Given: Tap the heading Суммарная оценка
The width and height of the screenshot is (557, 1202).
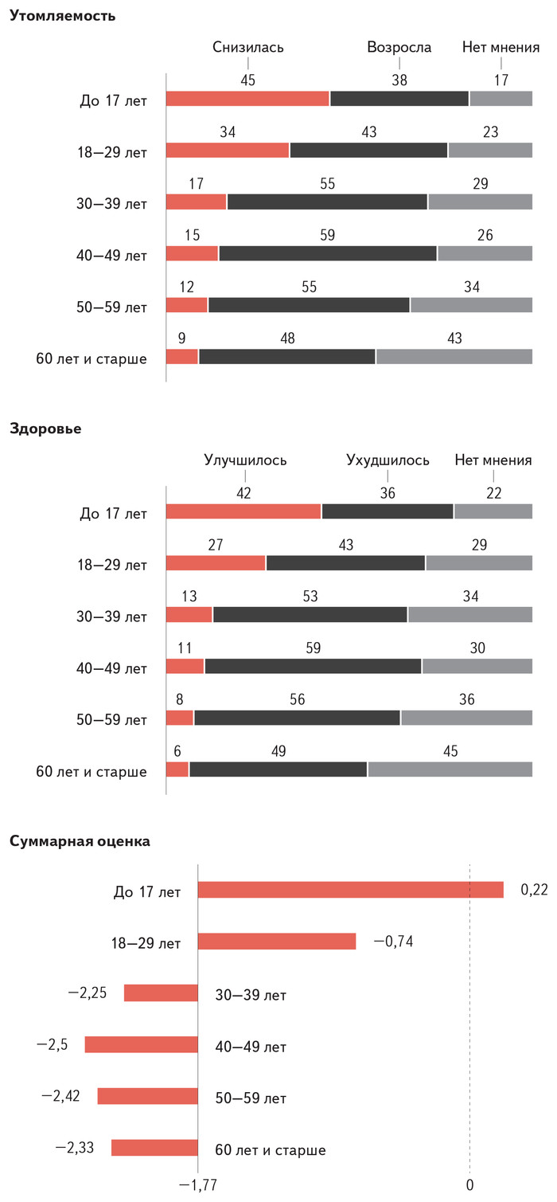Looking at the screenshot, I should click(80, 840).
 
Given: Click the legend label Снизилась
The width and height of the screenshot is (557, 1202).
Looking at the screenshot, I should click(248, 47).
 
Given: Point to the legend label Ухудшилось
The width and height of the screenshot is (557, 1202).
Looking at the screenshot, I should click(388, 460).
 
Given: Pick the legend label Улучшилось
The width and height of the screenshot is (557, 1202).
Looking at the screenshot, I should click(245, 460).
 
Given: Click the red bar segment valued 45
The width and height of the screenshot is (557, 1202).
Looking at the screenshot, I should click(247, 99).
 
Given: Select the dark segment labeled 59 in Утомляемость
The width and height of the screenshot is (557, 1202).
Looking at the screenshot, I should click(328, 254).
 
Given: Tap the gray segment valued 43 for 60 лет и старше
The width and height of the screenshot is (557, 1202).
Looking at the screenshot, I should click(454, 357).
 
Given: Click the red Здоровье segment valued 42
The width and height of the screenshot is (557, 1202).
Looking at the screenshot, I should click(243, 511).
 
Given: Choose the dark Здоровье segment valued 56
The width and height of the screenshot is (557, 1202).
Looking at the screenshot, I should click(297, 718).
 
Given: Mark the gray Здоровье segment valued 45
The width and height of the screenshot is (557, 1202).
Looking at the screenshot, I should click(450, 769).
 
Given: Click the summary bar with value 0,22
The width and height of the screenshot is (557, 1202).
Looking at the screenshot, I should click(350, 890).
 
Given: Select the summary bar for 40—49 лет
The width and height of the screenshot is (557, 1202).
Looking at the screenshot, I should click(141, 1044).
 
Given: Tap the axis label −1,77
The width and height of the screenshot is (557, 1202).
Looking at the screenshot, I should click(197, 1185).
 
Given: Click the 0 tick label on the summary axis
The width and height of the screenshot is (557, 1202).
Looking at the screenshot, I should click(469, 1185).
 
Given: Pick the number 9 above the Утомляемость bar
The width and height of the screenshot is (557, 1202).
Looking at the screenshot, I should click(181, 339).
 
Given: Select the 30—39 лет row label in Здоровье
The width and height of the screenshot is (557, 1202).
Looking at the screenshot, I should click(113, 617).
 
